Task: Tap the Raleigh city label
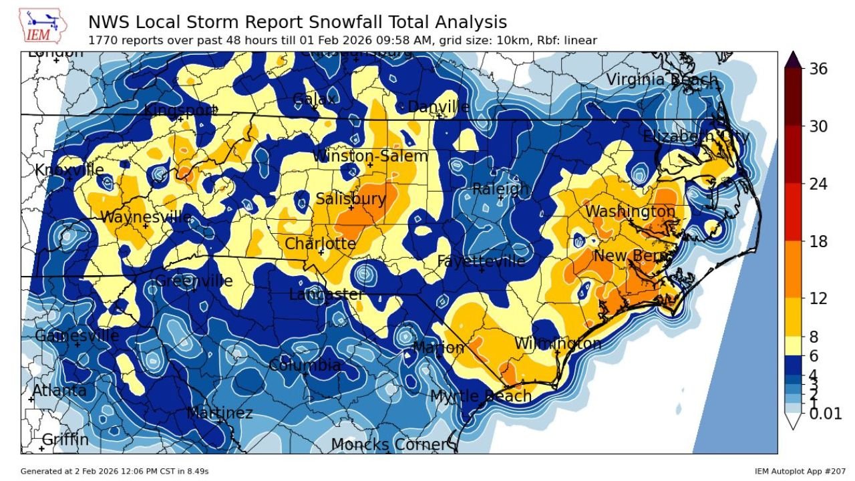[x=500, y=190]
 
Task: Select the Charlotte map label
[x=321, y=244]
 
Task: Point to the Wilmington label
[x=557, y=343]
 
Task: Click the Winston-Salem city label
[x=370, y=156]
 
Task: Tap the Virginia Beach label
[x=661, y=80]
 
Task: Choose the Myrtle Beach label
[x=481, y=396]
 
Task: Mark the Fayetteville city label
[x=481, y=261]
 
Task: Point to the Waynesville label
[x=146, y=218]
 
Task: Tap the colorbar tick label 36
[x=818, y=69]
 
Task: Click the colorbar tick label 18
[x=818, y=241]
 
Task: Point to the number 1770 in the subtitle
[x=102, y=41]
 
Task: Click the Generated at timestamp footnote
[x=114, y=471]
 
